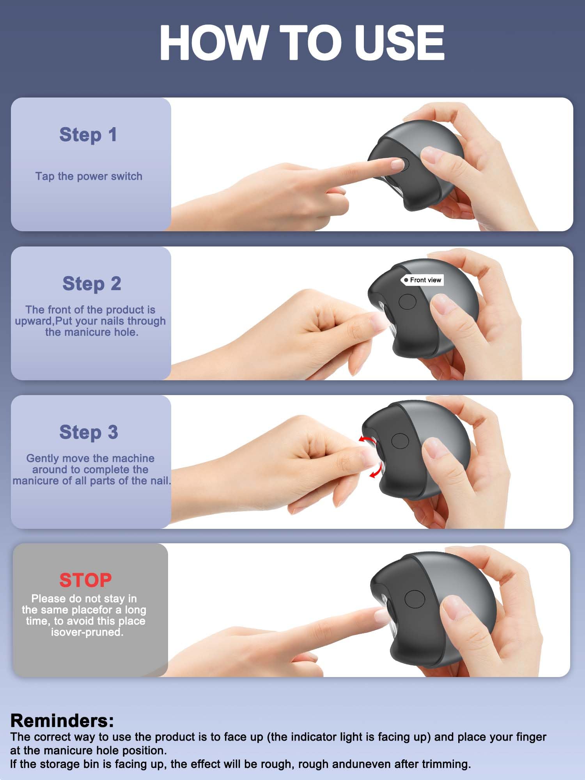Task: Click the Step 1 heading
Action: (88, 135)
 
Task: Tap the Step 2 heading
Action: (92, 284)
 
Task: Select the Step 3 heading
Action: (89, 432)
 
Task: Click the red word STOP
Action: (85, 580)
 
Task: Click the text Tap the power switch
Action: (89, 176)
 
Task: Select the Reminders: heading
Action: (62, 721)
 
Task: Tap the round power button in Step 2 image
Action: (408, 301)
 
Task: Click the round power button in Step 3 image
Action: (400, 441)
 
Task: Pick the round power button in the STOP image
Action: (415, 598)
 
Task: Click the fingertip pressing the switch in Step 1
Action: (398, 164)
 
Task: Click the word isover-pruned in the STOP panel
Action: (87, 632)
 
